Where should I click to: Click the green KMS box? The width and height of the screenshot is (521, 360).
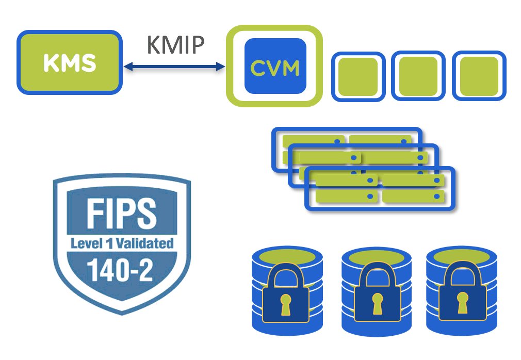pos(70,62)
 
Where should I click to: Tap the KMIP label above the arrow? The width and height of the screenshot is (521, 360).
pos(176,45)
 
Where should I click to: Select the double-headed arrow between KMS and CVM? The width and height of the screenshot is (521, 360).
pos(175,66)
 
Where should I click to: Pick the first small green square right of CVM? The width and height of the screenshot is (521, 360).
pos(358,76)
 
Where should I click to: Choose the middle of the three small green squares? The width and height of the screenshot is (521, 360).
pos(418,76)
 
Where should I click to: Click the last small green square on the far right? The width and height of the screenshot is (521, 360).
pos(479,76)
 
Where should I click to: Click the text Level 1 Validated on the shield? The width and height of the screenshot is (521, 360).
pos(122,243)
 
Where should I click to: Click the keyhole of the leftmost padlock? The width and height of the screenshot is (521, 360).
pos(286,304)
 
